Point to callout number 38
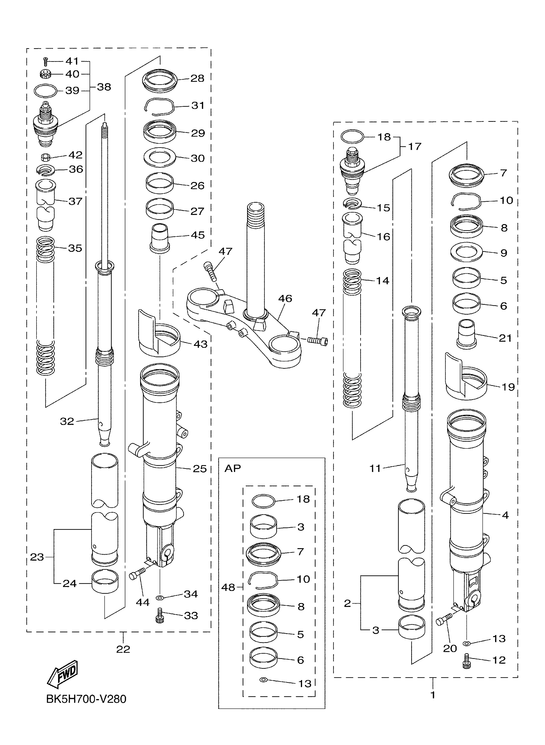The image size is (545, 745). [104, 87]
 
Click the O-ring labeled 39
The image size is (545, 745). [45, 91]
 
